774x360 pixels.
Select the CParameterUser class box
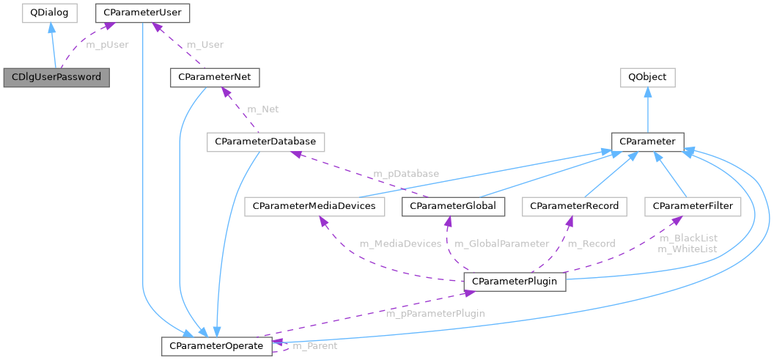pyautogui.click(x=143, y=12)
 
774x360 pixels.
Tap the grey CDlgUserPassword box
pyautogui.click(x=56, y=77)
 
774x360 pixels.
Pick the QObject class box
pyautogui.click(x=647, y=77)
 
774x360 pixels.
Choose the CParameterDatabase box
pyautogui.click(x=266, y=142)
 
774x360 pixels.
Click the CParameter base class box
pyautogui.click(x=647, y=142)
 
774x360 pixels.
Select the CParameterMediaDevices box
pyautogui.click(x=314, y=207)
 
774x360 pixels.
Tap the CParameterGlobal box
pyautogui.click(x=454, y=207)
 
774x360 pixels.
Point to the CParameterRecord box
pyautogui.click(x=575, y=207)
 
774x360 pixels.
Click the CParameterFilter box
pyautogui.click(x=693, y=207)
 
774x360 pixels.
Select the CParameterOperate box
pyautogui.click(x=216, y=345)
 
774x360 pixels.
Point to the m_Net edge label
pyautogui.click(x=263, y=109)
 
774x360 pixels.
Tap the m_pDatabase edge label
pyautogui.click(x=407, y=175)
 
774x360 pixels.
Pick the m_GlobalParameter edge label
pyautogui.click(x=502, y=243)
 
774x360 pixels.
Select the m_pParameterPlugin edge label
pyautogui.click(x=435, y=314)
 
